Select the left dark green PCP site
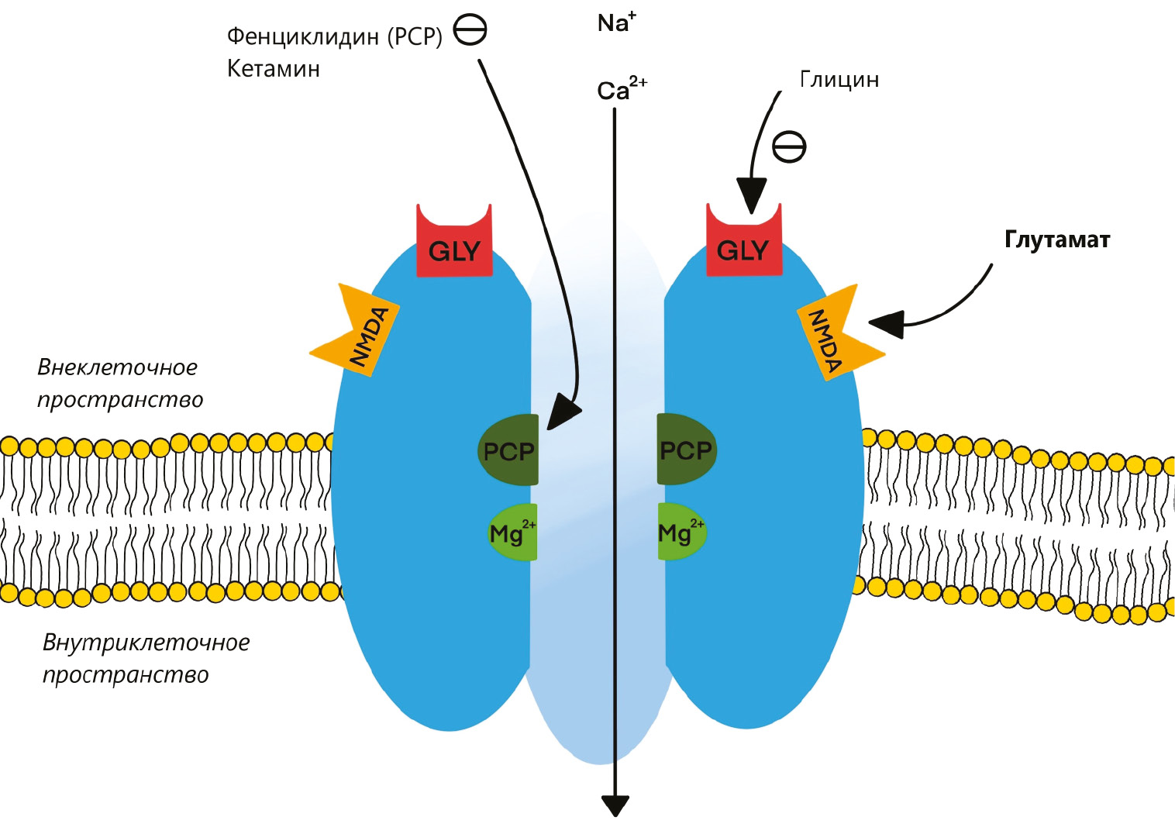[x=508, y=450]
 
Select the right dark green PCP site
[x=686, y=450]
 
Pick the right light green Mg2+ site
[x=681, y=532]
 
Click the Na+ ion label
[x=616, y=22]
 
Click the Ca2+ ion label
[x=621, y=89]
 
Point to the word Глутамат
[x=1056, y=240]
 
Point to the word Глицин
[x=839, y=80]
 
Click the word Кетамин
[x=273, y=69]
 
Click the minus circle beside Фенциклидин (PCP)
[x=470, y=31]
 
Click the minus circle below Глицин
[x=789, y=146]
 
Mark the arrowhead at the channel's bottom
[x=615, y=806]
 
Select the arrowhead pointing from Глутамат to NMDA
[x=887, y=322]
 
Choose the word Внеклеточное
[x=117, y=367]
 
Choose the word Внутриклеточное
[x=146, y=643]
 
